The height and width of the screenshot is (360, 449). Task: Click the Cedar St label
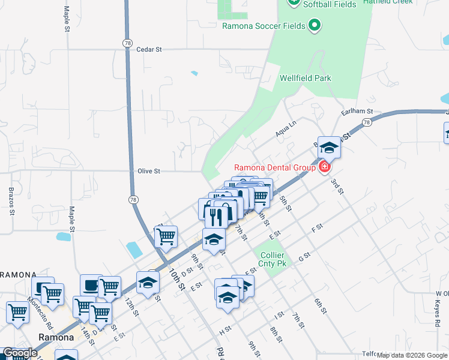point(149,49)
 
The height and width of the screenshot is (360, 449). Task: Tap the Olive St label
point(149,171)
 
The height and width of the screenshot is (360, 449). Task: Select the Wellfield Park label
point(305,78)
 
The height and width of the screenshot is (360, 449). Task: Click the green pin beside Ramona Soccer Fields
point(313,25)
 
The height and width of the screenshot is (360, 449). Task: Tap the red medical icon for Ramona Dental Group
point(325,167)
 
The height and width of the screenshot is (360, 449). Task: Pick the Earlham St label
point(357,112)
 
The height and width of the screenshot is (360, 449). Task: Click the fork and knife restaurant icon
point(215,216)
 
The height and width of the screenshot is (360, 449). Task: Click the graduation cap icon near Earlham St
point(329,147)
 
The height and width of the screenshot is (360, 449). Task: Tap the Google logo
point(19,353)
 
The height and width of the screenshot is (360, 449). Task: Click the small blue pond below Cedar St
point(194,73)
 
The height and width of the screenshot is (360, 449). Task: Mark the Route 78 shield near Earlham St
point(366,122)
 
